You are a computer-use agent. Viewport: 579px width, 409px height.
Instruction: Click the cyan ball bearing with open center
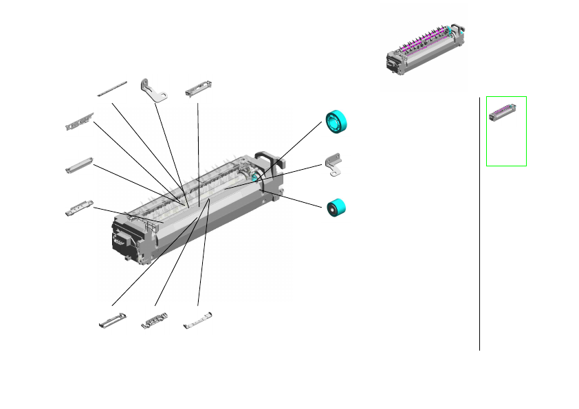click(337, 122)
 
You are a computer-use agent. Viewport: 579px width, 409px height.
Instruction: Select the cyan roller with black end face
click(336, 208)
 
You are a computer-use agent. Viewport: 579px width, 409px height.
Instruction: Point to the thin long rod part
click(113, 88)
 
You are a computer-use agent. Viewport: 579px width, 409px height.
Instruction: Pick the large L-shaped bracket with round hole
click(155, 91)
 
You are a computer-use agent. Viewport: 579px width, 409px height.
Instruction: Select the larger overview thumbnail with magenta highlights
click(424, 49)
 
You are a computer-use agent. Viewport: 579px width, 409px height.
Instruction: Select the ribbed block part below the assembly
click(155, 320)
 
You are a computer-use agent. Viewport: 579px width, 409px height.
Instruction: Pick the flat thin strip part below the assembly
click(198, 320)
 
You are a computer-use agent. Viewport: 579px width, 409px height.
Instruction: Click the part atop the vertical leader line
click(199, 89)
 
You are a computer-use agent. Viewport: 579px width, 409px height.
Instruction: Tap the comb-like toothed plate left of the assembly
click(79, 122)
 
